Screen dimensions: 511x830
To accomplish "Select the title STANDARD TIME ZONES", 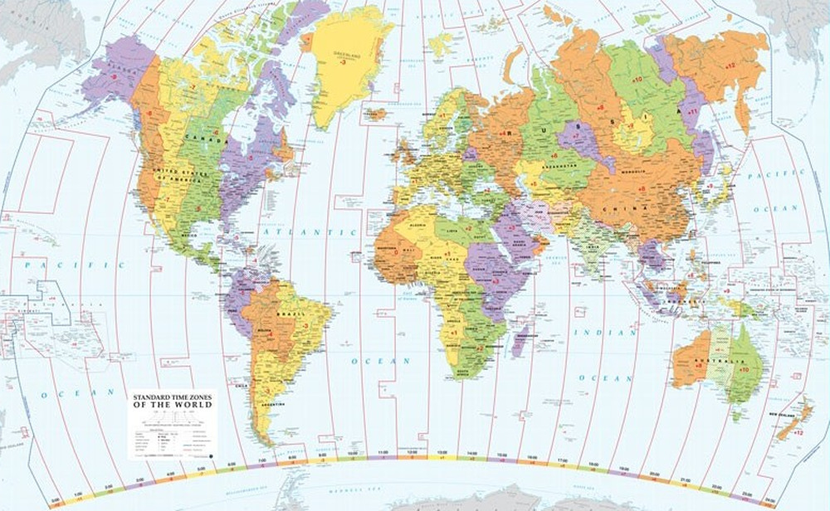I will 171,397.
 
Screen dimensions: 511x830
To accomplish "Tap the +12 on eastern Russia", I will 730,65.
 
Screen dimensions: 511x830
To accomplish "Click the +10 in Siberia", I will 637,79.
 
